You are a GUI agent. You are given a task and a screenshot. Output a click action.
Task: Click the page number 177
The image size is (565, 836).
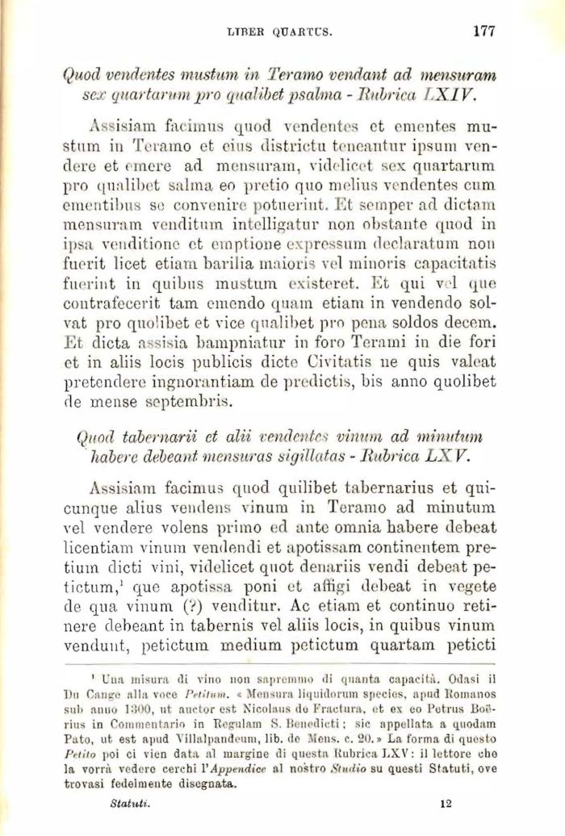tap(483, 31)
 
